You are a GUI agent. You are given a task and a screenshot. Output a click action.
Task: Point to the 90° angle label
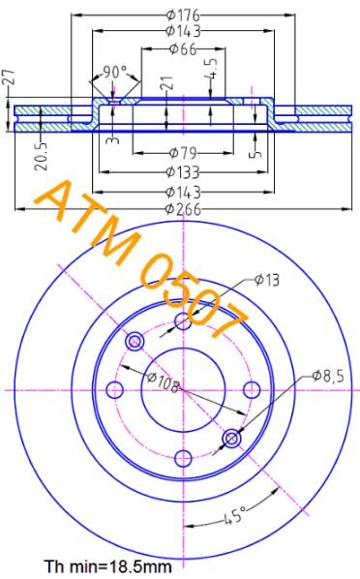(x=115, y=73)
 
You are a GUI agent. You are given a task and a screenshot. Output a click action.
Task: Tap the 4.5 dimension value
(x=213, y=70)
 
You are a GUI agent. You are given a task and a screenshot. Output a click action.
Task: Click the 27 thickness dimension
(x=9, y=78)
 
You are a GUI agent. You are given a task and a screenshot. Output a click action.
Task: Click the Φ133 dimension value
(x=183, y=171)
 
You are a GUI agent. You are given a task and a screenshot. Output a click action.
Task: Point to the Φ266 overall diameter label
(x=183, y=207)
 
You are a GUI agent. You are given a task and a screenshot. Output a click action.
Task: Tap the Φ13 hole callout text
(x=267, y=280)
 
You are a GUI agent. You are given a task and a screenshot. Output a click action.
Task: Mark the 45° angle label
(x=228, y=520)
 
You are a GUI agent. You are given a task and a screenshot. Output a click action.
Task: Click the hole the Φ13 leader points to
(x=183, y=321)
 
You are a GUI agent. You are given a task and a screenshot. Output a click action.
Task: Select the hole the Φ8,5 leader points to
(x=231, y=439)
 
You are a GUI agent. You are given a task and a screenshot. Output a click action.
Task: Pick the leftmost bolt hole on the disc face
(x=114, y=389)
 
